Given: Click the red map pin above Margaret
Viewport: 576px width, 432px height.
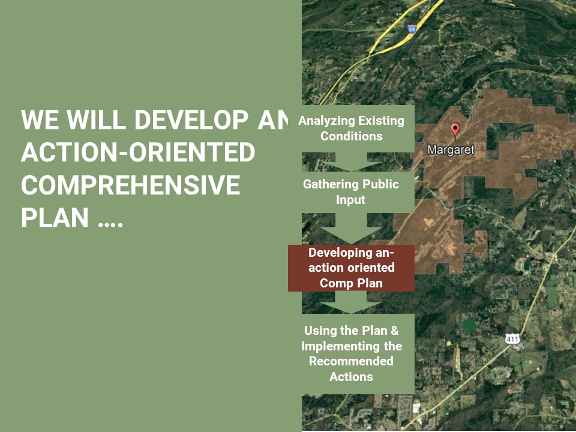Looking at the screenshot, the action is coord(455,130).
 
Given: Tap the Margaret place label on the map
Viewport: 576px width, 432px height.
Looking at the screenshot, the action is coord(451,150).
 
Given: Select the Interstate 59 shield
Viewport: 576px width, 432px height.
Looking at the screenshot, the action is coord(412,29).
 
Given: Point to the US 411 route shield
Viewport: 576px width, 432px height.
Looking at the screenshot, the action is coord(512,338).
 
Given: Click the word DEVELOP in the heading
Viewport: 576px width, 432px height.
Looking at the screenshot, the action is coord(191,120).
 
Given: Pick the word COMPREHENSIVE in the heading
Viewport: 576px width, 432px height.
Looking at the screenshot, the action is coord(130,185).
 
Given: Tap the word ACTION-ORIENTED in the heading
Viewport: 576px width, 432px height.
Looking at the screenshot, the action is coord(138,152).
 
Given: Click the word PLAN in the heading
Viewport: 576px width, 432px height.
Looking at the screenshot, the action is coord(55,217).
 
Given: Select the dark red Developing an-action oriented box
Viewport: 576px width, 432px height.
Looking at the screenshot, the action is coord(351,268).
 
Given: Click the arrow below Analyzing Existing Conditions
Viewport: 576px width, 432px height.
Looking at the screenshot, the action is coord(351,161).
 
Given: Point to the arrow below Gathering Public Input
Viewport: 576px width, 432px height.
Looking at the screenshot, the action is coord(351,229).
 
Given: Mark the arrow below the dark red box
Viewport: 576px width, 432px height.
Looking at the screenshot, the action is coord(351,302).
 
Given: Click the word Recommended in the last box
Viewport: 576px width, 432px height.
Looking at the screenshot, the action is coord(351,361).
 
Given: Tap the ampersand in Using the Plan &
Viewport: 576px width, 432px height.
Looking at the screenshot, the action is coord(395,331).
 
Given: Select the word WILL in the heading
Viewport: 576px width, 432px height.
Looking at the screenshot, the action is coord(96,120).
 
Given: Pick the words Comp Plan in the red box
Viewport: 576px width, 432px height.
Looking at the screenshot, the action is coord(351,283).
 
